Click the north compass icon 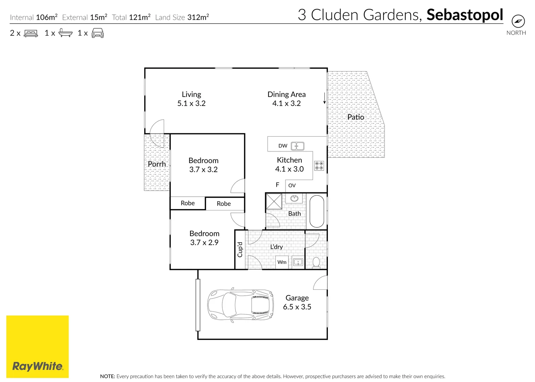point(518,21)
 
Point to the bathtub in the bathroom point(317,211)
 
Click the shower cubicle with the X point(274,201)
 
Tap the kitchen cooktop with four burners point(319,166)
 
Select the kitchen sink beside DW point(298,146)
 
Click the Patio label point(355,117)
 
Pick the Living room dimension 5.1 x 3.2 point(192,103)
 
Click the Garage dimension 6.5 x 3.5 point(297,307)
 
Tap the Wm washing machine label point(282,262)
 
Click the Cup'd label point(240,249)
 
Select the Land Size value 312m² point(198,17)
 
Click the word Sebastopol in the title point(465,15)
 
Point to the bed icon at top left point(31,33)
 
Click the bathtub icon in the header point(65,33)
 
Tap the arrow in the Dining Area point(324,98)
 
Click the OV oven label point(292,185)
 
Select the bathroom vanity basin point(294,198)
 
